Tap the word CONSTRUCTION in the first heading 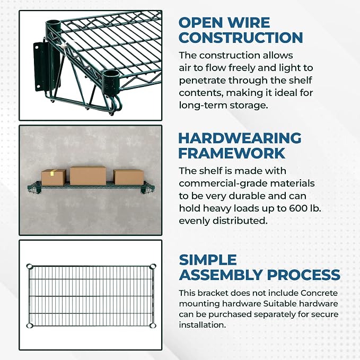pyautogui.click(x=241, y=38)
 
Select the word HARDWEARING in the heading pyautogui.click(x=240, y=138)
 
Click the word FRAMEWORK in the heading pyautogui.click(x=232, y=153)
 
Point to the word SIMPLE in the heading pyautogui.click(x=208, y=260)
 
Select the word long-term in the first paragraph pyautogui.click(x=203, y=106)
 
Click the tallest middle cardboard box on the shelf pyautogui.click(x=88, y=175)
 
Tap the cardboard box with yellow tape pyautogui.click(x=54, y=178)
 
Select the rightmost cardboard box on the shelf pyautogui.click(x=129, y=177)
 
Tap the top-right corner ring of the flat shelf pyautogui.click(x=153, y=267)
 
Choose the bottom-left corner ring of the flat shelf pyautogui.click(x=30, y=326)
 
